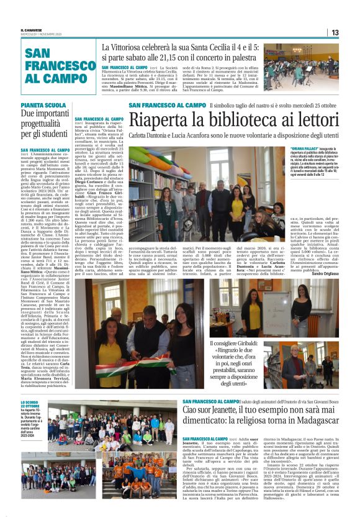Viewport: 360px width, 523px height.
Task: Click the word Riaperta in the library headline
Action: pyautogui.click(x=158, y=121)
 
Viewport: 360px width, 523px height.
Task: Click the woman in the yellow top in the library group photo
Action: pyautogui.click(x=236, y=208)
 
